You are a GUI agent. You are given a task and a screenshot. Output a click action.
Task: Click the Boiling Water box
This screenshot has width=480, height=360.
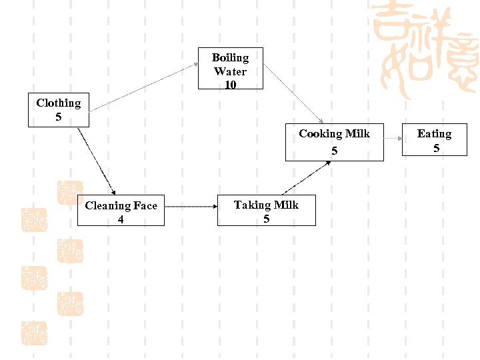[231, 68]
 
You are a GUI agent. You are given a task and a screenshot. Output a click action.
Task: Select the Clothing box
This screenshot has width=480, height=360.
[59, 110]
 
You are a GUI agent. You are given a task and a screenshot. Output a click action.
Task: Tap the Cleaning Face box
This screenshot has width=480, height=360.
[121, 211]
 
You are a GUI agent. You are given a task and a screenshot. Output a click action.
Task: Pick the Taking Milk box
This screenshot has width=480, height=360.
[266, 211]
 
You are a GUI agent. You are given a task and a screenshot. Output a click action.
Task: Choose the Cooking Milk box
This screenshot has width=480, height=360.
[334, 142]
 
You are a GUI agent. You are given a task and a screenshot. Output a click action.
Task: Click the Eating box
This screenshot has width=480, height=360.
[434, 141]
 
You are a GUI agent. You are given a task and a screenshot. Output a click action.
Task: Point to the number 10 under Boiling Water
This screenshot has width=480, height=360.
[231, 85]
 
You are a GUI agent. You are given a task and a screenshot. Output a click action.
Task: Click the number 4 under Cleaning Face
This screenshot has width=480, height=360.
[121, 219]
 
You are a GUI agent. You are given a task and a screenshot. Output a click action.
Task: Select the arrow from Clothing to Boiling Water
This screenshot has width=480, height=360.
[143, 87]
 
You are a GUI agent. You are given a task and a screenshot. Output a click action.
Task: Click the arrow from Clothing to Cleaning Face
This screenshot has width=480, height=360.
[97, 161]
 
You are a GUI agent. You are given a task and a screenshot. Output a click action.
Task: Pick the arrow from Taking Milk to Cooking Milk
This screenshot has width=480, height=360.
[306, 177]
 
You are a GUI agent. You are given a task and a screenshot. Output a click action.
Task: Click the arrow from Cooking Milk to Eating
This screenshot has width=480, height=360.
[393, 139]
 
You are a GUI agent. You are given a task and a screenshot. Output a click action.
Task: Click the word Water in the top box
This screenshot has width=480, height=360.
[231, 71]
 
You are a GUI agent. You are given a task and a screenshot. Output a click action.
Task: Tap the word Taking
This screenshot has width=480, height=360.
[251, 205]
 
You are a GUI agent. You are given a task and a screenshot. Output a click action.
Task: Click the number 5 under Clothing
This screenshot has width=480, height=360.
[59, 117]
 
